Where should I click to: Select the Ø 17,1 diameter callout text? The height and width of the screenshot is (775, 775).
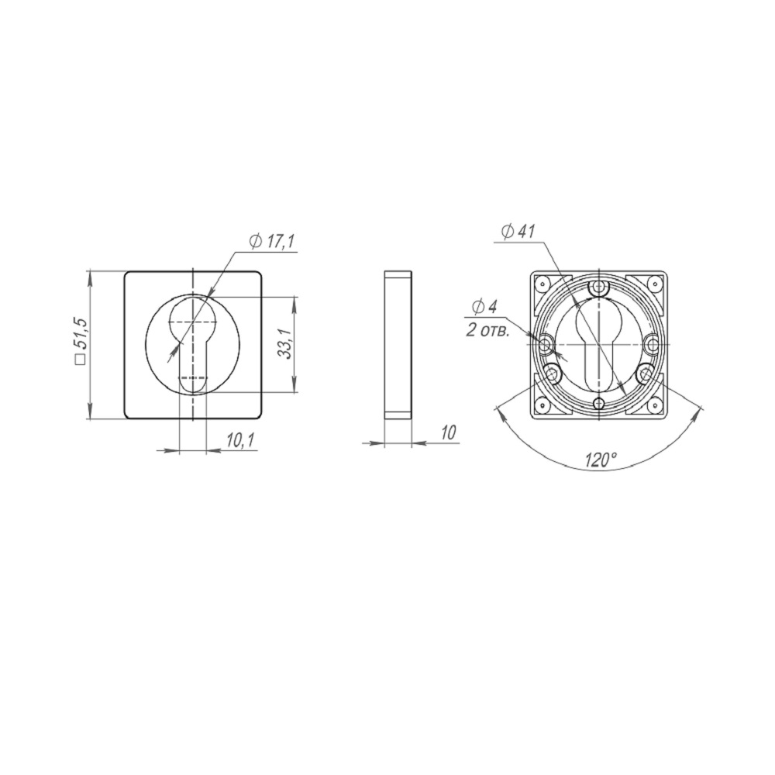click(272, 242)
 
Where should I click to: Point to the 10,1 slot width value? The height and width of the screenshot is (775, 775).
click(240, 440)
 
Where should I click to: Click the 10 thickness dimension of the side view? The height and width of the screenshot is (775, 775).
click(448, 432)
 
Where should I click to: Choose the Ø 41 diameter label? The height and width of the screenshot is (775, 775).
click(518, 231)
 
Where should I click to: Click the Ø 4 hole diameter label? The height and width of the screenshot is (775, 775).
click(484, 308)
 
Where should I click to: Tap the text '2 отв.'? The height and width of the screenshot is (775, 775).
click(487, 331)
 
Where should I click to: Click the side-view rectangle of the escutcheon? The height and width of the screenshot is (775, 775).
click(398, 345)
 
